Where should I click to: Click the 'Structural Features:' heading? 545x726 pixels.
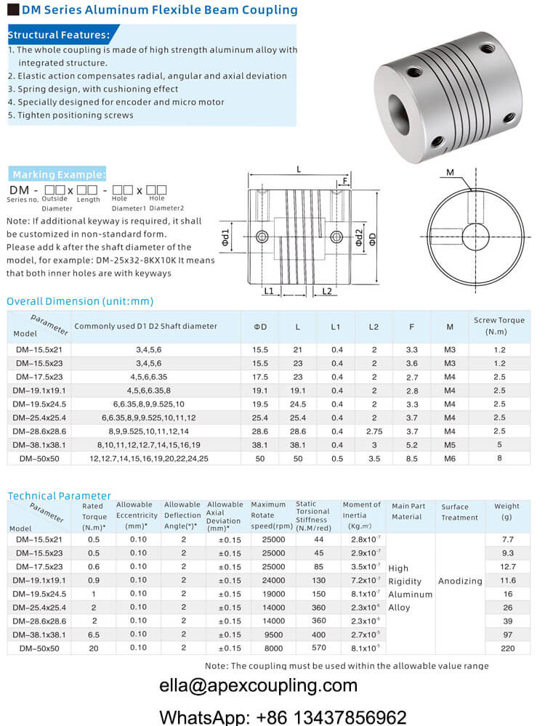pos(59,34)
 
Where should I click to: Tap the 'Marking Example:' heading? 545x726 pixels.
pos(58,174)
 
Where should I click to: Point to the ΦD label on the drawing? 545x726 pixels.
pos(373,240)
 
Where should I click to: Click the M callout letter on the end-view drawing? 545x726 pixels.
pos(451,172)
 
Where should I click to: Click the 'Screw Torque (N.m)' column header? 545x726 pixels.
pos(498,325)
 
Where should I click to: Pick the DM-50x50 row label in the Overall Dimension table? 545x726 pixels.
pos(40,459)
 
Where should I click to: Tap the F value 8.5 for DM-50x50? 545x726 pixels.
pos(411,459)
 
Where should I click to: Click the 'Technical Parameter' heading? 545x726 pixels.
pos(59,496)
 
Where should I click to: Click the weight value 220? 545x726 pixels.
pos(506,648)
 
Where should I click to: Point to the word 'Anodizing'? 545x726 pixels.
pos(460,581)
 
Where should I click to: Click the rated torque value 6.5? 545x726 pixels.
pos(94,634)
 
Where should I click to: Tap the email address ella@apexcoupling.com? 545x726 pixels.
pos(259,685)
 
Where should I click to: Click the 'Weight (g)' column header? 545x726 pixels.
pos(506,511)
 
